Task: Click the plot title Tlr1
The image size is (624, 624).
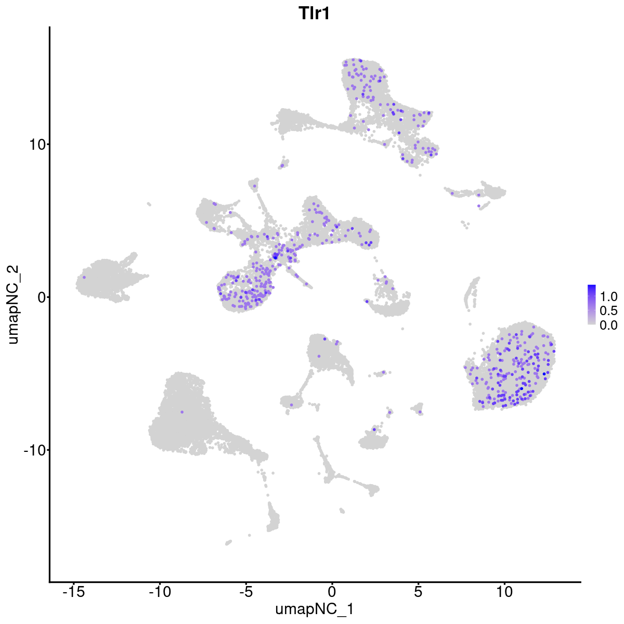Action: (x=314, y=14)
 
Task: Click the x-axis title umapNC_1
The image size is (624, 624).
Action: (x=314, y=609)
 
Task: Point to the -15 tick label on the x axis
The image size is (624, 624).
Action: (x=73, y=592)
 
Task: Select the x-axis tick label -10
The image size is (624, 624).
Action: (x=160, y=592)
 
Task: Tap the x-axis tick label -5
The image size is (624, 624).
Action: (x=246, y=592)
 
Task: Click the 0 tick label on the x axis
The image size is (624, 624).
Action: (x=332, y=592)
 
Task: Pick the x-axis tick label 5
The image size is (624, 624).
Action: (x=418, y=592)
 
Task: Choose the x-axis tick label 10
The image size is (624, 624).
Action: (x=504, y=592)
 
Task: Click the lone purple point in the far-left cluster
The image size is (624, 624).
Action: (x=84, y=277)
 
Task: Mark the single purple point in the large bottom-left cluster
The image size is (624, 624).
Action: (x=182, y=412)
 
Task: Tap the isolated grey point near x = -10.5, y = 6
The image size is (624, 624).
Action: (x=149, y=204)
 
